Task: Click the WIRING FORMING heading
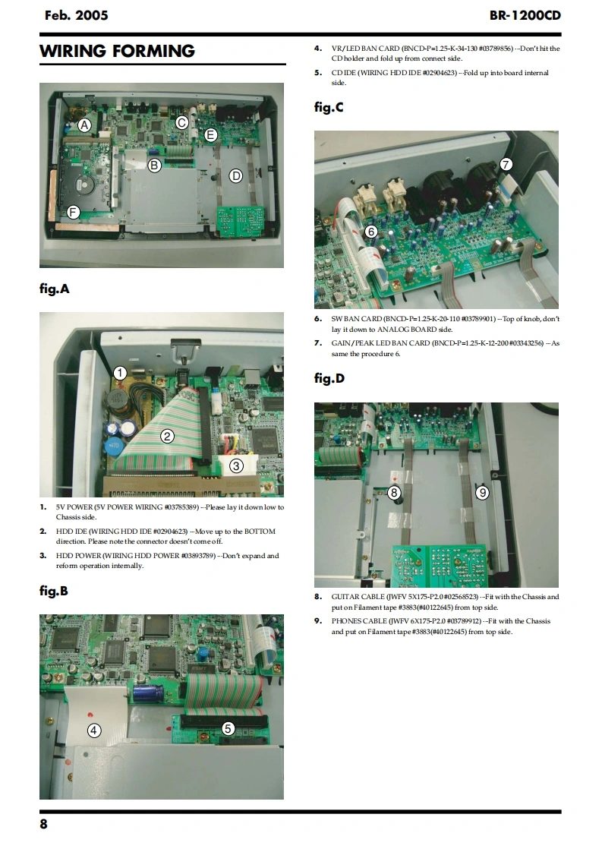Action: click(x=117, y=51)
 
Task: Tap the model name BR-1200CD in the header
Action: click(x=525, y=15)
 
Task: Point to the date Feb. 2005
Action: click(x=77, y=15)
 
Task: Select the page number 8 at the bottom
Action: click(x=43, y=824)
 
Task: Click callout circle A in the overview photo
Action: click(x=84, y=125)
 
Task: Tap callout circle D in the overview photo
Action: click(x=235, y=175)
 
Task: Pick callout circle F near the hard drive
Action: click(x=74, y=212)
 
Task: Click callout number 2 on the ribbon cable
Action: click(x=167, y=436)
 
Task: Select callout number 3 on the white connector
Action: click(x=236, y=465)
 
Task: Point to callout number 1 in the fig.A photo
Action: click(x=119, y=373)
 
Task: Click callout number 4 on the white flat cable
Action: click(x=94, y=731)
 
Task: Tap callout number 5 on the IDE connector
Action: click(x=229, y=728)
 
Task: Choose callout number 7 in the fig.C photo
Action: click(x=506, y=164)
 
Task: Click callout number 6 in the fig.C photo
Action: click(x=371, y=232)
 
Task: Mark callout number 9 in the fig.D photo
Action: click(x=483, y=492)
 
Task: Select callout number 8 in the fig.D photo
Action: click(x=394, y=492)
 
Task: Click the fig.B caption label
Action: click(x=54, y=592)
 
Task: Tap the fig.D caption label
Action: click(x=329, y=378)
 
